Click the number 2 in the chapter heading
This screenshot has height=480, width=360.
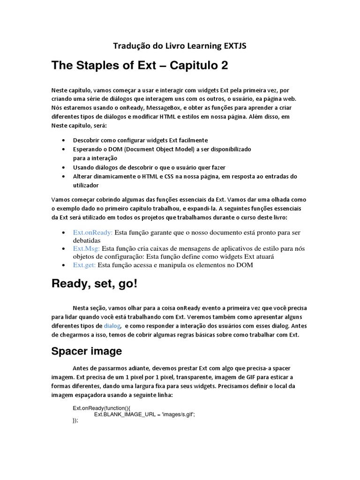pyautogui.click(x=224, y=66)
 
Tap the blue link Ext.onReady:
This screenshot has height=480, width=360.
pyautogui.click(x=93, y=232)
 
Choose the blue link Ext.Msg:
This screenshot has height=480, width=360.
pyautogui.click(x=86, y=249)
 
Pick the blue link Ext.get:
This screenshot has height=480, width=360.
pyautogui.click(x=84, y=265)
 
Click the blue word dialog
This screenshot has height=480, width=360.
pyautogui.click(x=112, y=326)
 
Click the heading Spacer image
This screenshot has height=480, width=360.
pyautogui.click(x=87, y=351)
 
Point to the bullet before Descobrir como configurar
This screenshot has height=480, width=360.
pyautogui.click(x=64, y=141)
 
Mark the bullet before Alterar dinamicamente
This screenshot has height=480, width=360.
pyautogui.click(x=64, y=177)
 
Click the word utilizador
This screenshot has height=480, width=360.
pyautogui.click(x=86, y=186)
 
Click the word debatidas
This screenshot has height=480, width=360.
pyautogui.click(x=88, y=241)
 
